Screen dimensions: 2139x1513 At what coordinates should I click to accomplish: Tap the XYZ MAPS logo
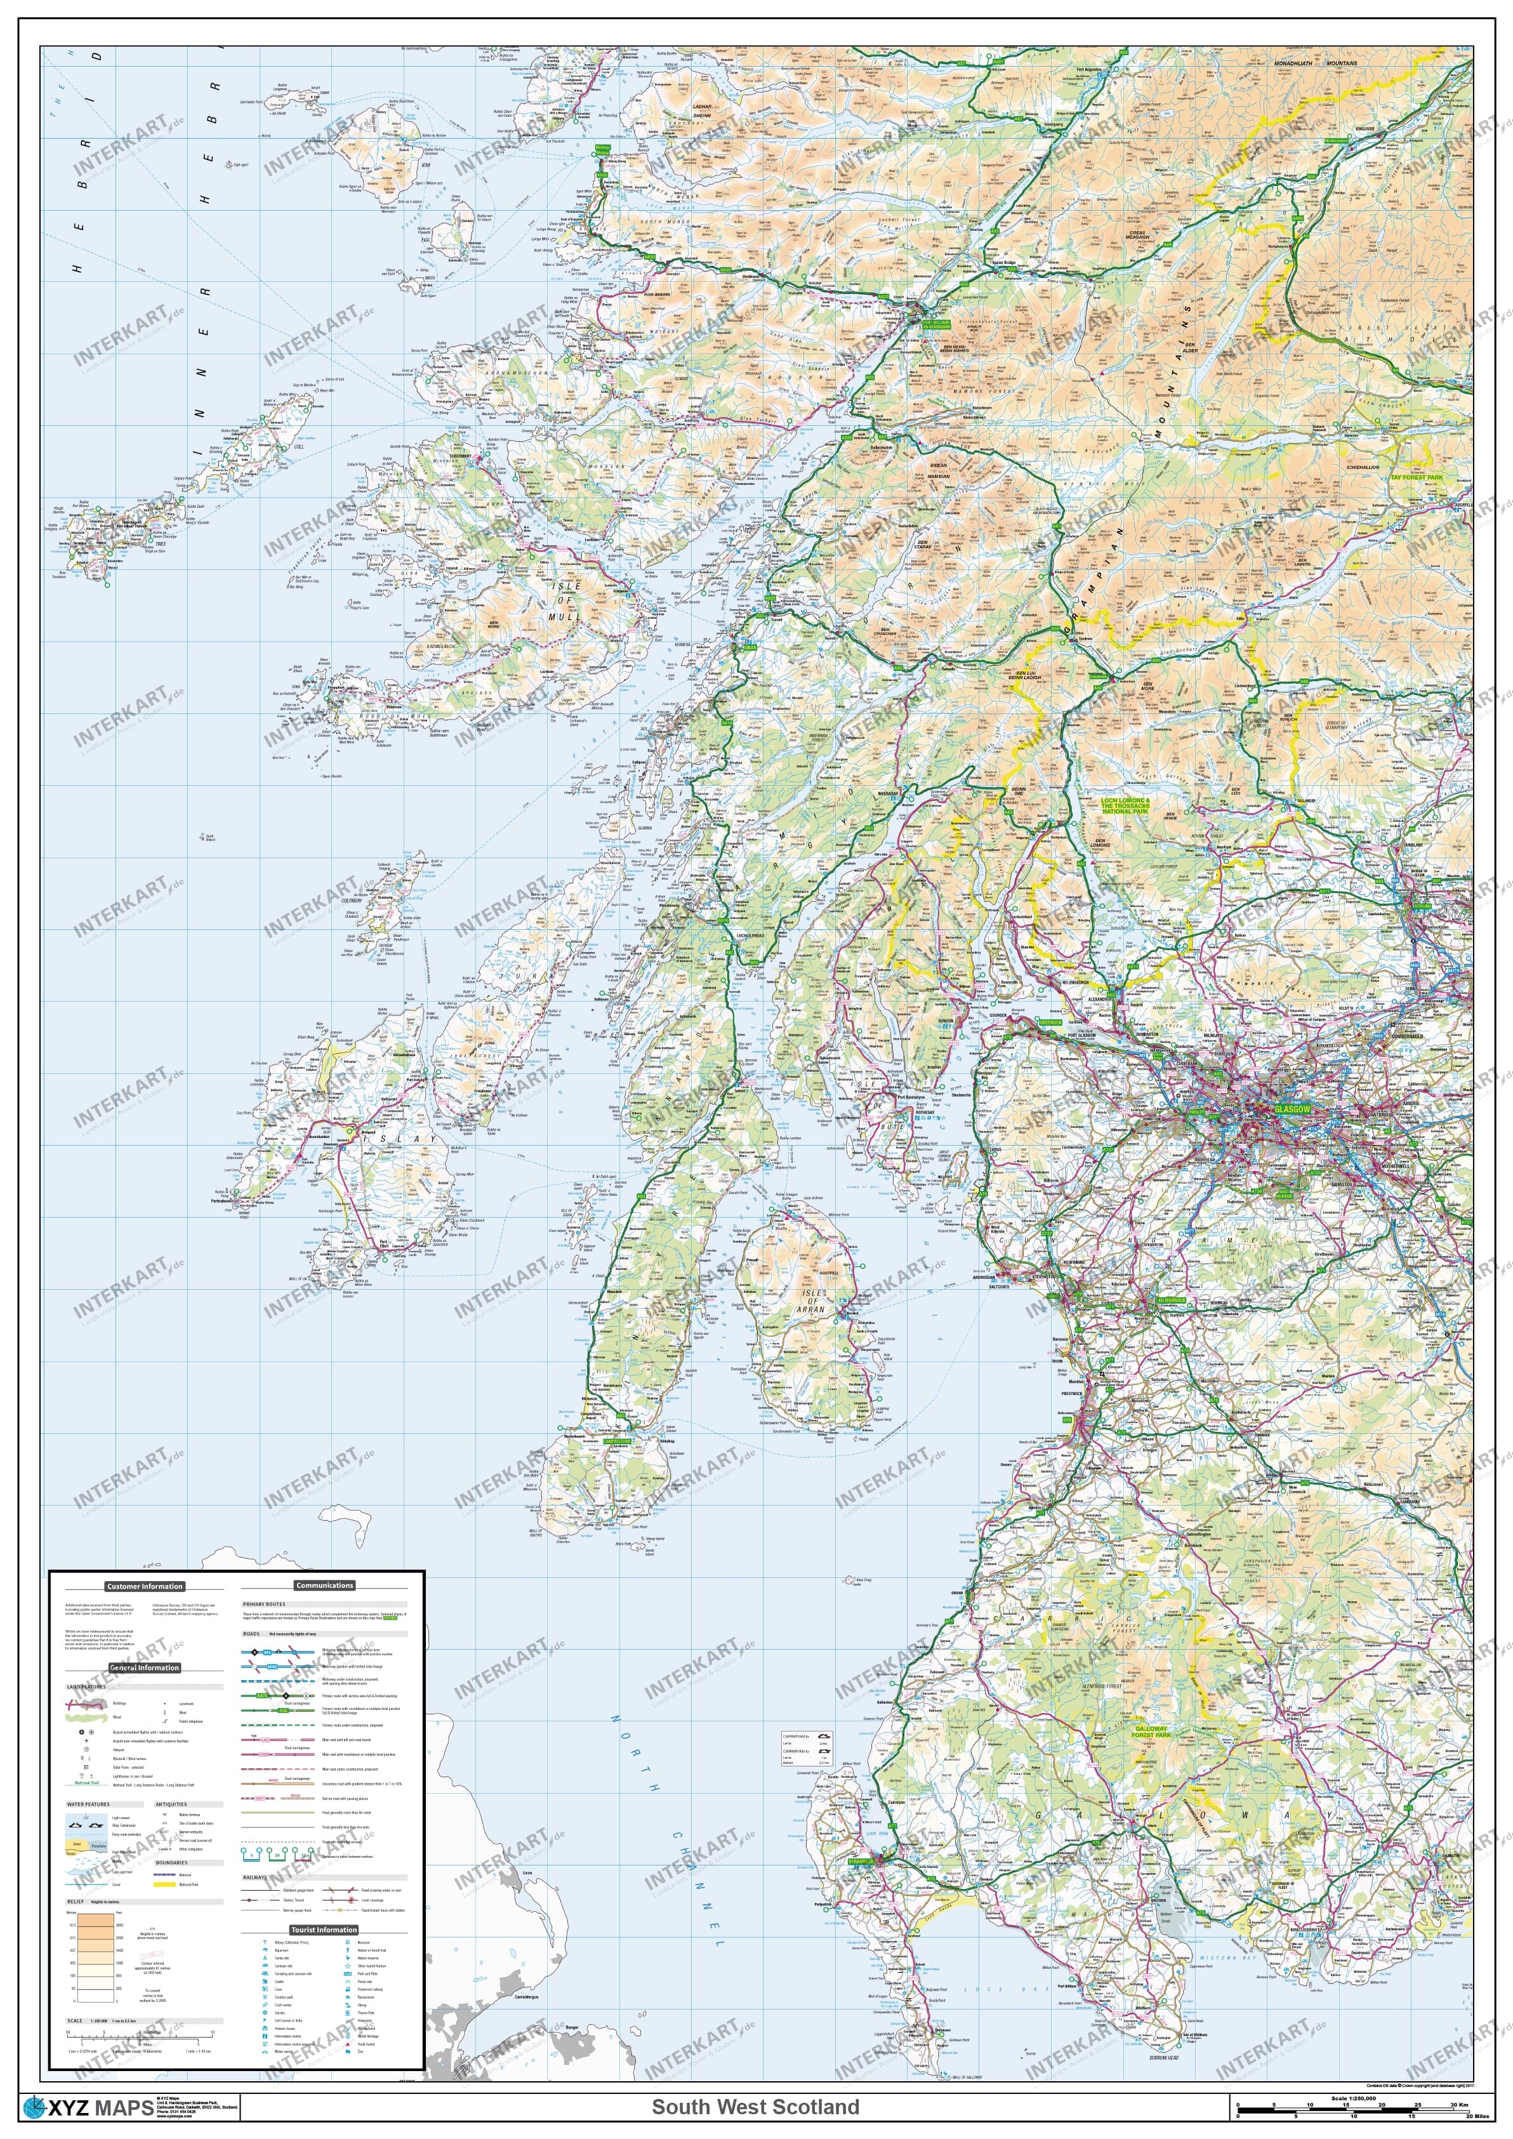pyautogui.click(x=88, y=2107)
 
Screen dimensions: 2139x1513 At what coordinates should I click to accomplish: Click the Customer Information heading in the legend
pyautogui.click(x=145, y=1586)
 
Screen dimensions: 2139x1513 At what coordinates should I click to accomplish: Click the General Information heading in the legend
pyautogui.click(x=145, y=1667)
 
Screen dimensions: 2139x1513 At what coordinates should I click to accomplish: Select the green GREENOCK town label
pyautogui.click(x=1055, y=1022)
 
